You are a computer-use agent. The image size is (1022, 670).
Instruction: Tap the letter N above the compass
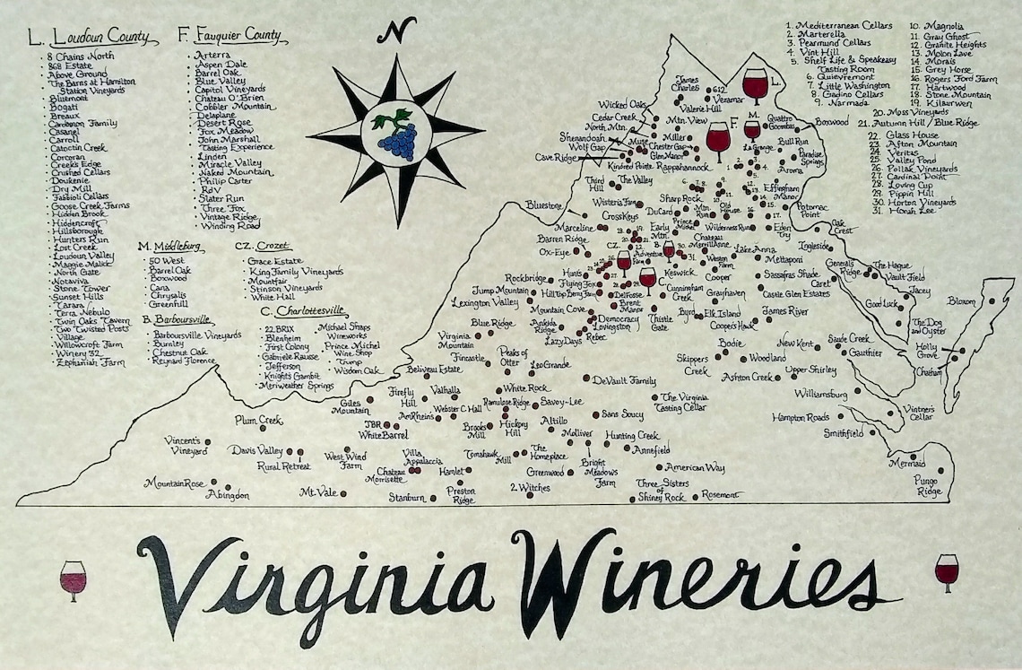[x=391, y=31]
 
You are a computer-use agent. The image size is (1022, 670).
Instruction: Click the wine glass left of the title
[x=73, y=579]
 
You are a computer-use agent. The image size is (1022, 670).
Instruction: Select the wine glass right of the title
[x=946, y=571]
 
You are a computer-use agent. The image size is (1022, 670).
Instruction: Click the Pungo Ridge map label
[x=929, y=487]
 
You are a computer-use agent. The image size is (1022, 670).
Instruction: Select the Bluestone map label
[x=544, y=205]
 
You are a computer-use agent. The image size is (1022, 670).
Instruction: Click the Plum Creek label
[x=258, y=420]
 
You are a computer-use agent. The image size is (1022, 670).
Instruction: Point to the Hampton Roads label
[x=801, y=418]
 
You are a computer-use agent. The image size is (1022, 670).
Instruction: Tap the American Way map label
[x=695, y=467]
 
